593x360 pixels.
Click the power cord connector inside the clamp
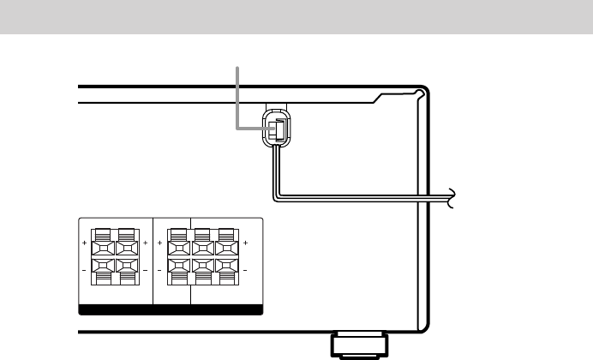click(276, 129)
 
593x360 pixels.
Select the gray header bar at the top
click(296, 17)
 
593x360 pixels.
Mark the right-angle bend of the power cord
click(275, 198)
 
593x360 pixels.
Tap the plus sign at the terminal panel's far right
click(246, 245)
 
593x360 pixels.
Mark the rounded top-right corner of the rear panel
click(419, 93)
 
